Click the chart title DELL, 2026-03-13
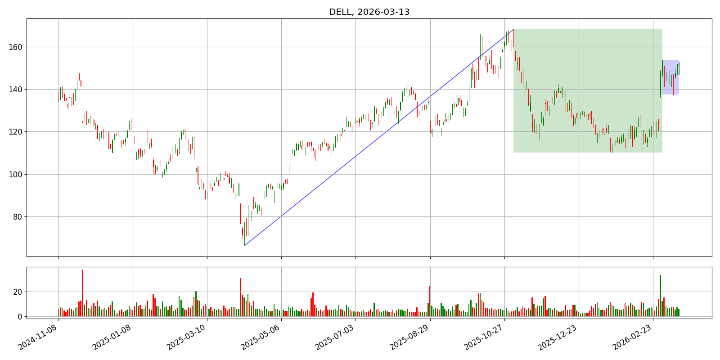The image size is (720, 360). coord(369,12)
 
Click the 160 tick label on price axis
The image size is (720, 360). coord(17,47)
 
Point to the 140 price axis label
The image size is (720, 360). coord(17,90)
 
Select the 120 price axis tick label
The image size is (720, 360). coord(17,132)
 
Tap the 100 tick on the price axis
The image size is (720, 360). coord(17,174)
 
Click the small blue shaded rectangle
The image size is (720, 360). coord(670,77)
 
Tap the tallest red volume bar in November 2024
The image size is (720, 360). coord(82,292)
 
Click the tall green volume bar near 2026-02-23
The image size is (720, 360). coord(660,296)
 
